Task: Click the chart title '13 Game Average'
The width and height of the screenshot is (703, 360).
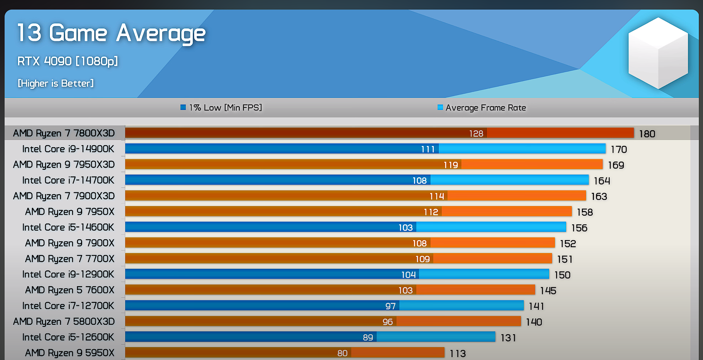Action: click(x=111, y=33)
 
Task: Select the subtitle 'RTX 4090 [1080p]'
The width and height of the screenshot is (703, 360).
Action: click(x=68, y=61)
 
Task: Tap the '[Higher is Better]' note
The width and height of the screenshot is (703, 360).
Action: click(x=56, y=83)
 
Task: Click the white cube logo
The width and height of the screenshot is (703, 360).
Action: click(x=658, y=53)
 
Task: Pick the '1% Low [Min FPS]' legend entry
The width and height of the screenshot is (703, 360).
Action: click(x=221, y=108)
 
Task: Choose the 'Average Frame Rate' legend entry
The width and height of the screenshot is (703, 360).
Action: click(x=482, y=108)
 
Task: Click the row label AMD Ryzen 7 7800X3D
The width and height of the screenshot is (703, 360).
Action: click(x=64, y=133)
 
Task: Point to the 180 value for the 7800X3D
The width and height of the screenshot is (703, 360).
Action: click(x=647, y=134)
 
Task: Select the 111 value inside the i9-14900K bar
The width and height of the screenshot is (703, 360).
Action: click(x=428, y=149)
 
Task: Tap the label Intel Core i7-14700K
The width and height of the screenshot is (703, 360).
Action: click(x=68, y=180)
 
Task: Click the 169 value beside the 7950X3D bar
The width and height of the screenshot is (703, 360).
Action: click(x=616, y=165)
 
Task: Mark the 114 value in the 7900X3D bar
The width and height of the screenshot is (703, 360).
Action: click(x=437, y=196)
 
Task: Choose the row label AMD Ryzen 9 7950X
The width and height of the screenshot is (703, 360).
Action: click(x=70, y=212)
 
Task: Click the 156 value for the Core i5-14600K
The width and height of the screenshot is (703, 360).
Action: click(x=579, y=228)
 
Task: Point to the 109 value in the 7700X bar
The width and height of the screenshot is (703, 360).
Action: click(x=423, y=259)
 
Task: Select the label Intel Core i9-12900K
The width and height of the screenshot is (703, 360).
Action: click(x=68, y=275)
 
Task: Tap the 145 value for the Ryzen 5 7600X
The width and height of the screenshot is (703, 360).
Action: click(x=548, y=291)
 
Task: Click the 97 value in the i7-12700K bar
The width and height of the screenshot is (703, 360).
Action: click(x=390, y=306)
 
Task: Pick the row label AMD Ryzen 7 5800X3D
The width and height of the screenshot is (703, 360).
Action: click(x=64, y=321)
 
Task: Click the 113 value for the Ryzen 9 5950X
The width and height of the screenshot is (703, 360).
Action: click(x=457, y=354)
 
